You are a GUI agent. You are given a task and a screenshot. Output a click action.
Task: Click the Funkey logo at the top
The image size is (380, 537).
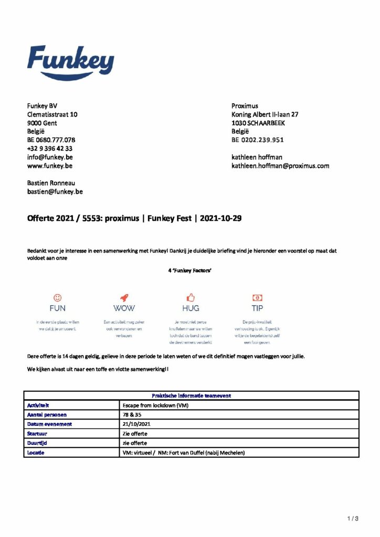pos(70,62)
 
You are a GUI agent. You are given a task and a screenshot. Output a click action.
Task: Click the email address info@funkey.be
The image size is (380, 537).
pos(50,157)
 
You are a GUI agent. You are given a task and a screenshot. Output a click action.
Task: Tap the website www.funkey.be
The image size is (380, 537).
pos(50,166)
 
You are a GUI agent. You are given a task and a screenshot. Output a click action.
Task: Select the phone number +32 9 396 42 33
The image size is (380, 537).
pos(50,148)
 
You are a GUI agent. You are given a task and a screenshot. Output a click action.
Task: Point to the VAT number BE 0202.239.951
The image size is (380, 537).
pos(258,140)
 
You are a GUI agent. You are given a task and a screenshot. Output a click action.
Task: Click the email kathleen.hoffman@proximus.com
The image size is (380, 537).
pos(280,166)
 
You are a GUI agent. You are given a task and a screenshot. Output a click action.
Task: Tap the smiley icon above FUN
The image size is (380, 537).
pos(58,297)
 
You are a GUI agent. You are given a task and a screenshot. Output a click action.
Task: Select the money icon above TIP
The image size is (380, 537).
pos(257,297)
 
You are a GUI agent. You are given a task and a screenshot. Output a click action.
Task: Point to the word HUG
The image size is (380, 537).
pos(191,308)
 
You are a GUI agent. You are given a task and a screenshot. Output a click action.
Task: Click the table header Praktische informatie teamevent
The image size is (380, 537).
pos(192,396)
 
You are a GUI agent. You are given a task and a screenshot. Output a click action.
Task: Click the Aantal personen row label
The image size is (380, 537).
pos(47,415)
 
